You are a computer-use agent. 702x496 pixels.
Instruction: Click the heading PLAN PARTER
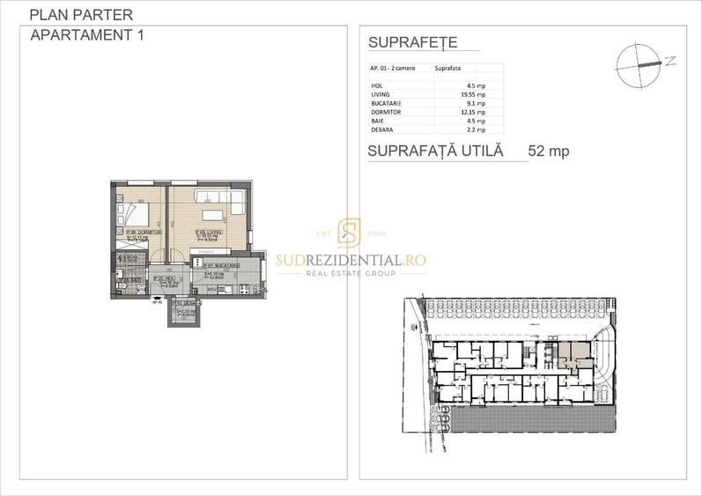coord(81,15)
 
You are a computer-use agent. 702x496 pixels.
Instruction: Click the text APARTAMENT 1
coord(86,35)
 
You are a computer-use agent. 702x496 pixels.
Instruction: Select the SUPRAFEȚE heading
coord(412,42)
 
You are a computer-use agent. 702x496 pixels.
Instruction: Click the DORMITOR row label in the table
coord(386,111)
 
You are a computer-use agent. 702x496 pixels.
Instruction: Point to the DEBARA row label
coord(382,129)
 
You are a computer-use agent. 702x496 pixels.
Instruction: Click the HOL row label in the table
coord(378,85)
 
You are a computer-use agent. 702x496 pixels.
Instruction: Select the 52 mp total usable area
coord(548,151)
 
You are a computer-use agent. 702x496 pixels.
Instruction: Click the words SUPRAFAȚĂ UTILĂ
coord(435,151)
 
